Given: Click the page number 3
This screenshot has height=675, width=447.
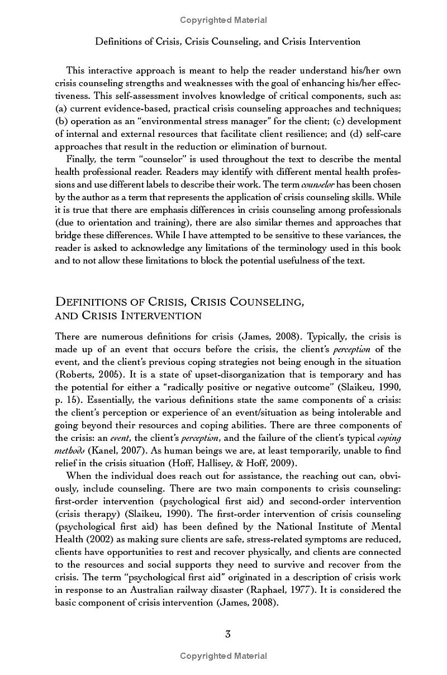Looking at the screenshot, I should tap(227, 634).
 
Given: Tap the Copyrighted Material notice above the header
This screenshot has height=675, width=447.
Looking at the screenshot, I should tap(223, 20).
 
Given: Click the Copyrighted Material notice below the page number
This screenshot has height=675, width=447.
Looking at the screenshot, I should tap(223, 656).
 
